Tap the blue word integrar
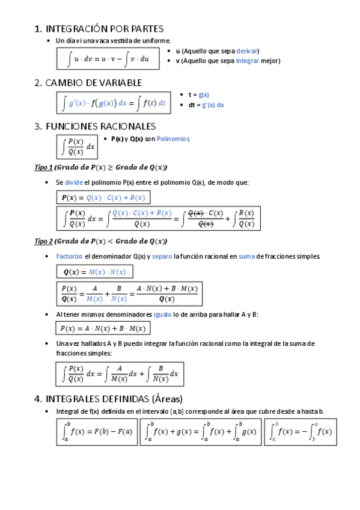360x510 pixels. (x=248, y=61)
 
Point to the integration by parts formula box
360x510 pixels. (x=109, y=58)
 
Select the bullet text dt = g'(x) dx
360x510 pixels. (x=206, y=105)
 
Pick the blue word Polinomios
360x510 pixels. (x=173, y=139)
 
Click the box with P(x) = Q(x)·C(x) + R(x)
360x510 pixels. (x=103, y=198)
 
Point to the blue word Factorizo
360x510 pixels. (x=69, y=257)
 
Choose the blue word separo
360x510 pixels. (x=162, y=257)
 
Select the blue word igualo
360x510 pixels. (x=163, y=314)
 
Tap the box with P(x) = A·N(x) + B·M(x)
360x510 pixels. (x=103, y=328)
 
